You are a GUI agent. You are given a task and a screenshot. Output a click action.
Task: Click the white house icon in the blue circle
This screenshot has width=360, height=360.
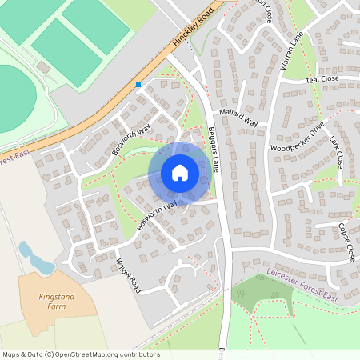(180, 173)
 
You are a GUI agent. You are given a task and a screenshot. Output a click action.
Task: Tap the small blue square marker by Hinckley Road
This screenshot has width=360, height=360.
(138, 84)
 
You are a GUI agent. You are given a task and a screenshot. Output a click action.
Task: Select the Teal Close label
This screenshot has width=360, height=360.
(324, 79)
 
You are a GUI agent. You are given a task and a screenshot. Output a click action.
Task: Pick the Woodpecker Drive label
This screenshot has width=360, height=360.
(297, 137)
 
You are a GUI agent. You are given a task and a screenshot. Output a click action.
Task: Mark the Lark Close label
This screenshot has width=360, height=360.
(335, 152)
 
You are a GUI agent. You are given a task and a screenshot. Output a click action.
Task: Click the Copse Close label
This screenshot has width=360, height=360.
(346, 242)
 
